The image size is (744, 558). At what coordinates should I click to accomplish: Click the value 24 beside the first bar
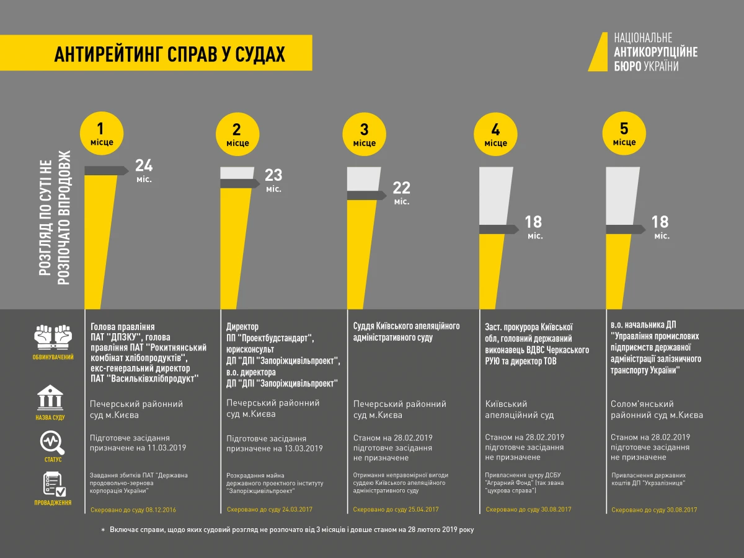[x=144, y=165]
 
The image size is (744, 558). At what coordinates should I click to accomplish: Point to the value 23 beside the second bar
[x=273, y=175]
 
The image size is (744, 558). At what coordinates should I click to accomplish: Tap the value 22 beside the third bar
[x=402, y=188]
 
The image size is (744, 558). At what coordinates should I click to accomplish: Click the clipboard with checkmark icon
[x=53, y=484]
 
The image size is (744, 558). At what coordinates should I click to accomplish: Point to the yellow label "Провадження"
[x=53, y=503]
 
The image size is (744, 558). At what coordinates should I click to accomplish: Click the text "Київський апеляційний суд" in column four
[x=519, y=409]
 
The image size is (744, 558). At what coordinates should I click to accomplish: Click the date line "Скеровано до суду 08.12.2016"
[x=133, y=510]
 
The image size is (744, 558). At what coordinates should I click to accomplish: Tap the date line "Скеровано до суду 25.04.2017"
[x=396, y=510]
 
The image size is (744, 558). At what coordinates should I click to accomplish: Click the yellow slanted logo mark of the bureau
[x=598, y=52]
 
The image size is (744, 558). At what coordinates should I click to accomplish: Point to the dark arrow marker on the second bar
[x=240, y=183]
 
